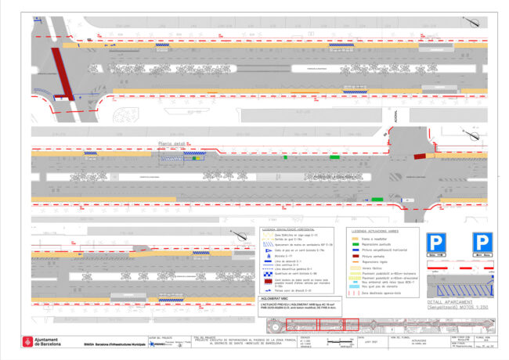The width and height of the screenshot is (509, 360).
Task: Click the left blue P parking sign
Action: (437, 243)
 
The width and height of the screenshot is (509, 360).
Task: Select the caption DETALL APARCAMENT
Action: (448, 301)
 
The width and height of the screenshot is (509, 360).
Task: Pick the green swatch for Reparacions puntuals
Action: (354, 243)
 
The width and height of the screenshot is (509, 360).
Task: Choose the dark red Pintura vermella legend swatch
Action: (354, 256)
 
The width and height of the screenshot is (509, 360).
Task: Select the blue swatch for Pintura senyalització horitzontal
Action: (354, 250)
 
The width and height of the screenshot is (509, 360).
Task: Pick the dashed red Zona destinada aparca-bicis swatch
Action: (354, 293)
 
